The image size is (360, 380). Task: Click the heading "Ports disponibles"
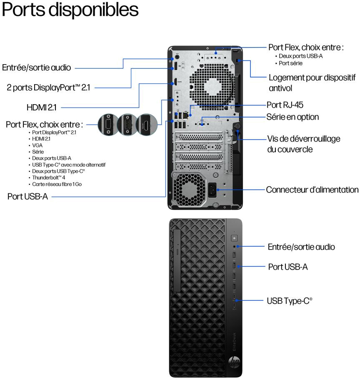(70, 10)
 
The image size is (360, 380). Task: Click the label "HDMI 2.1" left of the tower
(41, 107)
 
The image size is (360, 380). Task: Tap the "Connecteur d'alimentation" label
(312, 190)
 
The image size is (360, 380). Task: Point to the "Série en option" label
(292, 117)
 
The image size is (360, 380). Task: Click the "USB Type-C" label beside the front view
(289, 300)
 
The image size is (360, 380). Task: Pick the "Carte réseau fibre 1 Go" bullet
(57, 184)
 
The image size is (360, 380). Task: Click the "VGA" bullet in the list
(37, 145)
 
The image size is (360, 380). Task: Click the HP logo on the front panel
(234, 362)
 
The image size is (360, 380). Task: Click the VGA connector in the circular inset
(108, 124)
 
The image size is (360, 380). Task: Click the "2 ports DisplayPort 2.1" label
(48, 87)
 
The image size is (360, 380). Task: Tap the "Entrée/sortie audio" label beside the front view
(301, 247)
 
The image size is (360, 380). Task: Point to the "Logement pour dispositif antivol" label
(312, 82)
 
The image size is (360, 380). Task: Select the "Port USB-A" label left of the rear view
(27, 196)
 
